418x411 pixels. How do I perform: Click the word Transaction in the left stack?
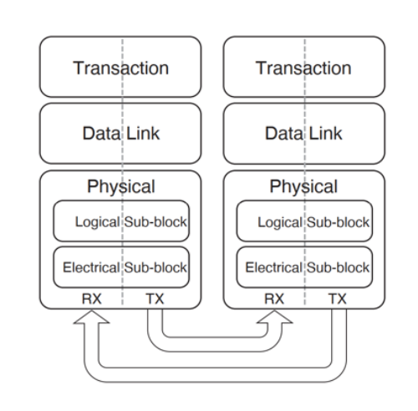[x=121, y=68]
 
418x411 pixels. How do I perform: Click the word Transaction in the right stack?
[x=303, y=68]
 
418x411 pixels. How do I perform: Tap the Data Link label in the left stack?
[x=121, y=133]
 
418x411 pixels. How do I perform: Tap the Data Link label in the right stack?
[x=303, y=133]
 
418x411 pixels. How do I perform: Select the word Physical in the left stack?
[x=121, y=187]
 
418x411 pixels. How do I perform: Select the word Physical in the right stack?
[x=303, y=187]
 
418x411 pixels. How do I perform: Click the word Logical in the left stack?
[x=98, y=223]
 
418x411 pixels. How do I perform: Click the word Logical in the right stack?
[x=280, y=223]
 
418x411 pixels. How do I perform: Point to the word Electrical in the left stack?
[x=91, y=267]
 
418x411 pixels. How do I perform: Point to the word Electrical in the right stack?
[x=274, y=267]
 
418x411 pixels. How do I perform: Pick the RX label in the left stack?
[x=92, y=299]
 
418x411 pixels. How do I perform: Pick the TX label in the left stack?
[x=155, y=299]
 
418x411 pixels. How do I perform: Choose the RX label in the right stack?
[x=274, y=299]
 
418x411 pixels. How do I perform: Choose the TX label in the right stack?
[x=338, y=299]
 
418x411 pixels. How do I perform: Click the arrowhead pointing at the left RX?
[x=91, y=317]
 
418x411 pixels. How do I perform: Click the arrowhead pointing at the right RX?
[x=274, y=317]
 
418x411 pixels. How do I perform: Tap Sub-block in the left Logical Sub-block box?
[x=155, y=222]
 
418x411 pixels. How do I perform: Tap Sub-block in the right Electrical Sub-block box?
[x=339, y=267]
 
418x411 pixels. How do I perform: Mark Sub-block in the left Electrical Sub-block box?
[x=155, y=267]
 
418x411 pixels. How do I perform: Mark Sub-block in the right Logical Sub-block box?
[x=339, y=222]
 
